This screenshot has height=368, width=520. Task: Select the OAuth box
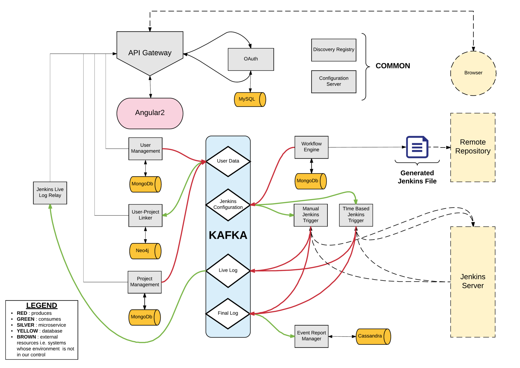(x=250, y=59)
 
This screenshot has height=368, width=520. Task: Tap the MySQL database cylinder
(x=250, y=99)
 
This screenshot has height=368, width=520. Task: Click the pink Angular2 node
(x=150, y=113)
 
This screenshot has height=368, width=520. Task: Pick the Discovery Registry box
(x=333, y=50)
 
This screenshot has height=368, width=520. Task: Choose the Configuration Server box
(x=333, y=82)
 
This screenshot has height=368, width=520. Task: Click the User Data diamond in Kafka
(x=228, y=161)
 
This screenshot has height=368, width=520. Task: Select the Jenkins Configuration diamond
(x=228, y=204)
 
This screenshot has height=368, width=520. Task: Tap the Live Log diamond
(x=228, y=270)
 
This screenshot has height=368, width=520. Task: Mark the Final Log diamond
(x=228, y=313)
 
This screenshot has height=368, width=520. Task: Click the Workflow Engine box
(x=311, y=147)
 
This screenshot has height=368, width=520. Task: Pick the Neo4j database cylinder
(x=145, y=251)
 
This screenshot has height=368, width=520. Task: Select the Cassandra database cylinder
(x=373, y=336)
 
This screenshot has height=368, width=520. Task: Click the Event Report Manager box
(x=311, y=336)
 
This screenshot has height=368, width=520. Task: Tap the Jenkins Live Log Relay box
(x=50, y=192)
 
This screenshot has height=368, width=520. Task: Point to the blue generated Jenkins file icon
(x=417, y=147)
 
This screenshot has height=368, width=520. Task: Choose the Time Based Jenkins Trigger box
(x=356, y=215)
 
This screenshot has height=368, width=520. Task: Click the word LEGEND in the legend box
(x=41, y=305)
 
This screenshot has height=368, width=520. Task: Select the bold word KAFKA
(x=228, y=235)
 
